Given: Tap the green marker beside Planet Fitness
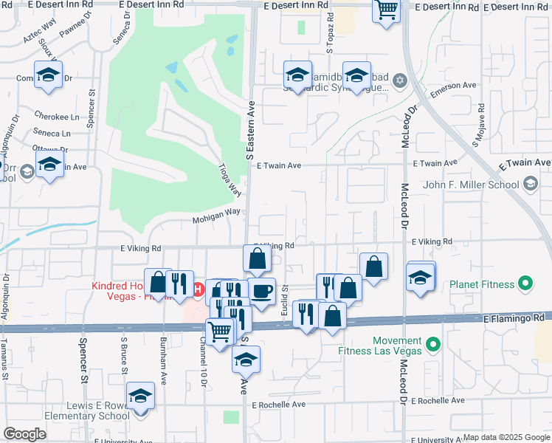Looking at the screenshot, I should click(x=525, y=282).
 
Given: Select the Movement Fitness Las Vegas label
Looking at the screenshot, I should click(x=386, y=345).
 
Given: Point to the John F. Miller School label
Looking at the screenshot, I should click(x=471, y=183).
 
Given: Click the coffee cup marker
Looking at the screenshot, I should click(x=261, y=290).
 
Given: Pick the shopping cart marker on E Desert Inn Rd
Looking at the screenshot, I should click(x=386, y=10).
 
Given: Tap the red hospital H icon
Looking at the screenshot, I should click(x=199, y=289).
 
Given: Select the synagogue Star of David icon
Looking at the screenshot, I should click(x=400, y=80).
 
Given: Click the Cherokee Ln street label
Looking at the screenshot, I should click(x=57, y=117).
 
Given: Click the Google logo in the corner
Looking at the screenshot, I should click(x=24, y=434).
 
